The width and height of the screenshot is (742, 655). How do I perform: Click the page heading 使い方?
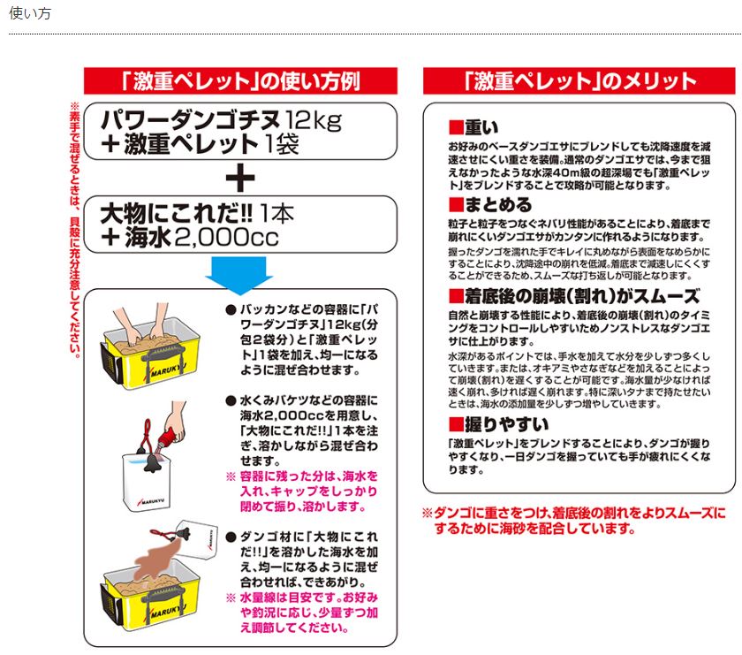pos(30,14)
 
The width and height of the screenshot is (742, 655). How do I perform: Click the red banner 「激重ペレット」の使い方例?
pos(239,81)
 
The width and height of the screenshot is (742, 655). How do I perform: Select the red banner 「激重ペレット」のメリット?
pos(579,81)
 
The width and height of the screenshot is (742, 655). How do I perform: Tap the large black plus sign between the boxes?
pos(239,179)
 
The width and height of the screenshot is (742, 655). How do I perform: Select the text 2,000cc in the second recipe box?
pos(228,237)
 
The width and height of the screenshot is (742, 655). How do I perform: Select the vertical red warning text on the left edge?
pos(75,230)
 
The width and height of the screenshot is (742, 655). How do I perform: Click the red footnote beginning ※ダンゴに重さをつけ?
pos(573,521)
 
